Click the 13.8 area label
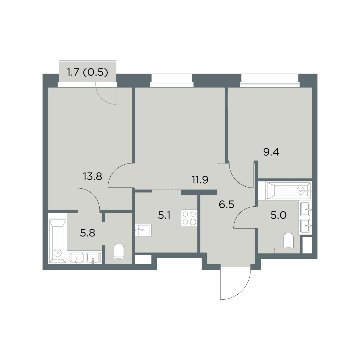pyautogui.click(x=92, y=176)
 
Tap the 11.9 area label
pyautogui.click(x=200, y=180)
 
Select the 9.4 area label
pyautogui.click(x=271, y=152)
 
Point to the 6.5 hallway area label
pyautogui.click(x=226, y=205)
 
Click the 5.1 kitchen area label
pyautogui.click(x=164, y=216)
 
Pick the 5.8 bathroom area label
pyautogui.click(x=88, y=233)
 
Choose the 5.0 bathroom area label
pyautogui.click(x=278, y=215)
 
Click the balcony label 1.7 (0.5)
pyautogui.click(x=87, y=73)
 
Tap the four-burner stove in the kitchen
pyautogui.click(x=189, y=218)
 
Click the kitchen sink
pyautogui.click(x=143, y=230)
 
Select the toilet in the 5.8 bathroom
pyautogui.click(x=119, y=251)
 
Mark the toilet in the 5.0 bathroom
pyautogui.click(x=289, y=241)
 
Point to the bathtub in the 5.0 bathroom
pyautogui.click(x=289, y=191)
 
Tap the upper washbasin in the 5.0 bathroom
pyautogui.click(x=305, y=209)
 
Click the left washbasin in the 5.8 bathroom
pyautogui.click(x=76, y=258)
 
